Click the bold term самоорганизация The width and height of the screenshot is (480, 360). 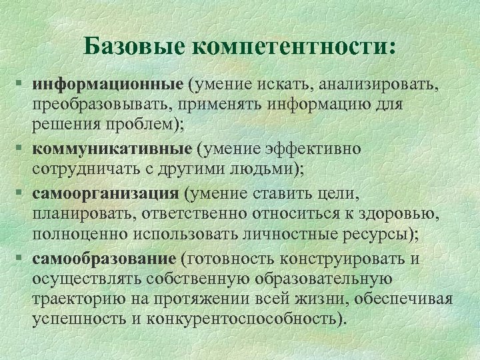(x=106, y=194)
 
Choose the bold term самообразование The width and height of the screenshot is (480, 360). (x=105, y=258)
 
